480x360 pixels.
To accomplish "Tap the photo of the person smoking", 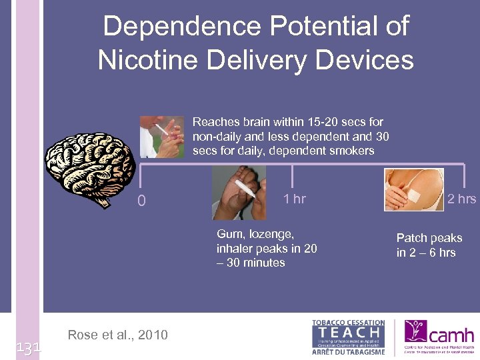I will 162,137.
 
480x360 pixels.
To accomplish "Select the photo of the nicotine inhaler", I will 239,193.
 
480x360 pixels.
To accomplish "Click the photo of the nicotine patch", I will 413,189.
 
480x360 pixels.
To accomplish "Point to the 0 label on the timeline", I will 141,201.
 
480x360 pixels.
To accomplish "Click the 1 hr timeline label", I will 294,199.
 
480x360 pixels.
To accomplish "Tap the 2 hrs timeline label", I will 461,199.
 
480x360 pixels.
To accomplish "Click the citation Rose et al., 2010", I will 118,335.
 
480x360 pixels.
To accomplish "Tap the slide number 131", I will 28,347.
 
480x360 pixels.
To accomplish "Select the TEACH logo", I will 348,336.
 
